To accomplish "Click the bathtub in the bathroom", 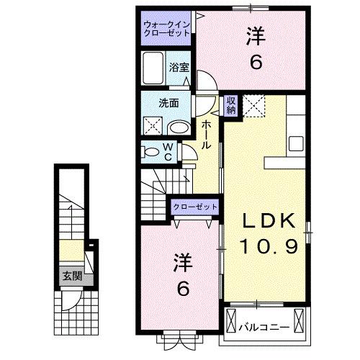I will click(154, 69).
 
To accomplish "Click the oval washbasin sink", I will click(178, 127).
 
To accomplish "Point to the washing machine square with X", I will click(152, 126).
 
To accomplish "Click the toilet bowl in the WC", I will click(151, 152).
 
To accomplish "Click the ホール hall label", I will click(207, 135).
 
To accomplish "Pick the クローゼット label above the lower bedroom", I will click(195, 207).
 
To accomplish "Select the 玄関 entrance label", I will click(69, 275).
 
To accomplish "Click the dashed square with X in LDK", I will click(255, 105).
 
